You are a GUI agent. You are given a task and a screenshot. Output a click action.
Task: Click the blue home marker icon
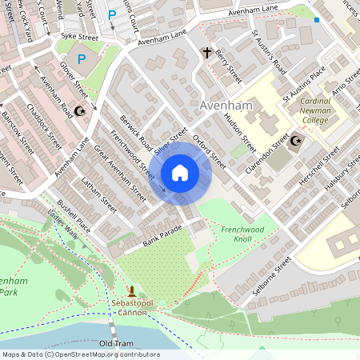pos(180,173)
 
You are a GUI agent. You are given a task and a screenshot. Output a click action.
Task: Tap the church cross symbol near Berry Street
pos(206,54)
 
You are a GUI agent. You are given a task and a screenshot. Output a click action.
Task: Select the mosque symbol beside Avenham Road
pos(79,111)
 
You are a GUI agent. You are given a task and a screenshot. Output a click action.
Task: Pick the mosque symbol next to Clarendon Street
pos(295,141)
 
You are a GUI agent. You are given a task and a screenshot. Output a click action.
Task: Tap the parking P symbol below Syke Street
pos(82,58)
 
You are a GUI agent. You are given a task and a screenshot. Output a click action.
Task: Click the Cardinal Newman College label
pos(325,110)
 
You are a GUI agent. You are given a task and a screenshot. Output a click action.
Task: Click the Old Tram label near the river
pos(116,343)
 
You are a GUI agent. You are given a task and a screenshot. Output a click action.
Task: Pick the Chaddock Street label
pos(43,125)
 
